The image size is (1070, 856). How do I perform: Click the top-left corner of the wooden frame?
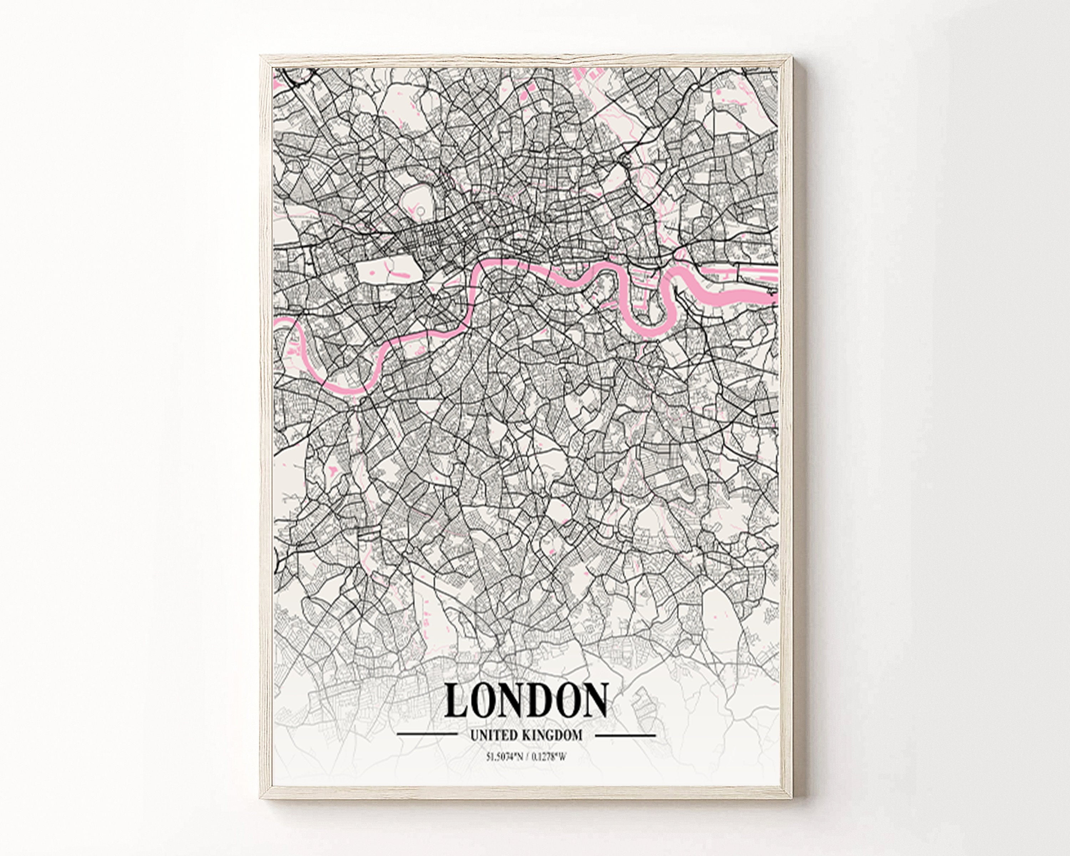click(261, 56)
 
